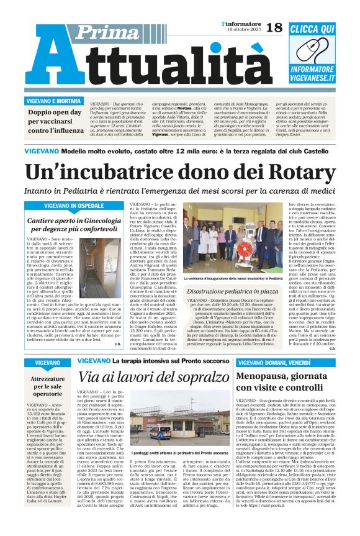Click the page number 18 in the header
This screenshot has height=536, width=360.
click(x=274, y=29)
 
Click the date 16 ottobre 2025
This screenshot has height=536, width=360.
click(x=242, y=30)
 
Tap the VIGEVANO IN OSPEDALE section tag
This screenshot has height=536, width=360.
click(x=74, y=206)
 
